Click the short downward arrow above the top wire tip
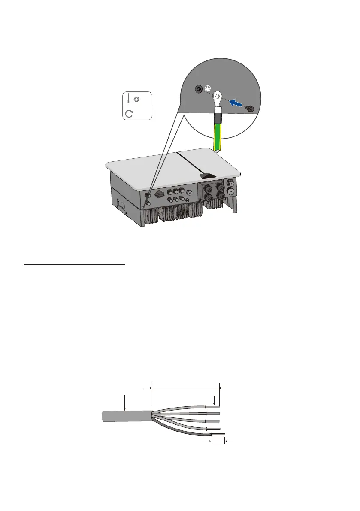[x=214, y=401]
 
